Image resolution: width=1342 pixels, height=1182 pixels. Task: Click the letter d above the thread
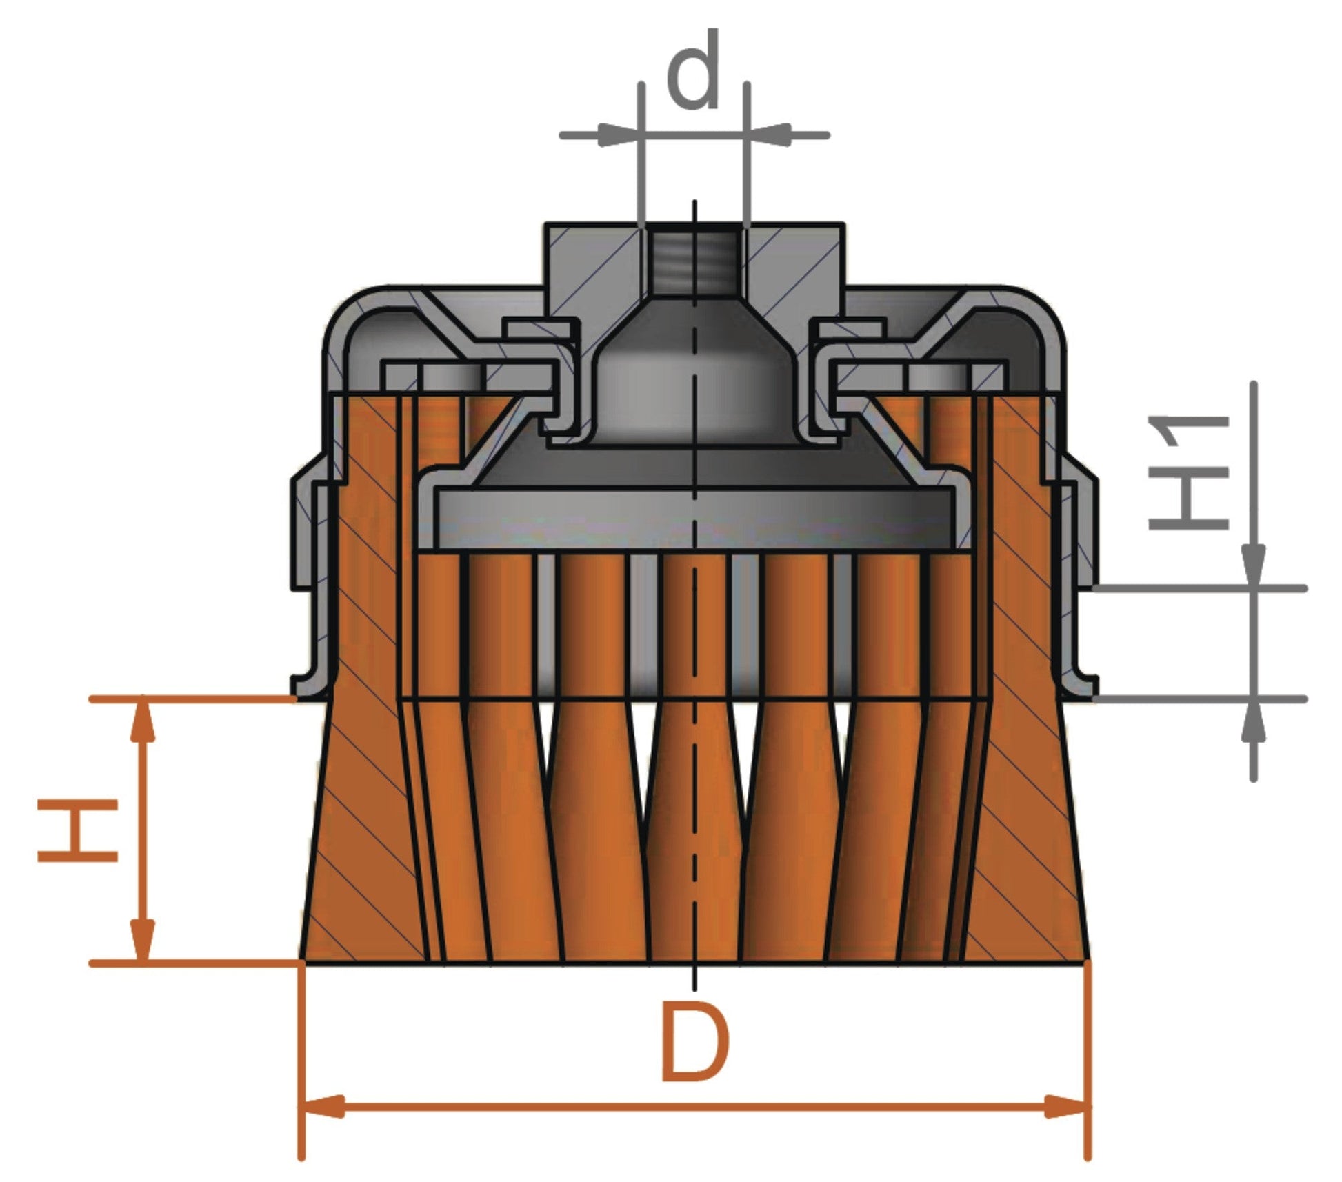(694, 71)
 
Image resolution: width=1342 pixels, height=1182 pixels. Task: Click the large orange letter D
(694, 1043)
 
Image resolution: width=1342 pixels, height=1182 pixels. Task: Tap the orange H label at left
(77, 830)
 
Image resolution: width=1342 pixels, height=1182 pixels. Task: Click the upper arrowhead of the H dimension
(143, 721)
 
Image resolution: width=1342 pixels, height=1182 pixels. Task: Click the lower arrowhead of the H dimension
(143, 939)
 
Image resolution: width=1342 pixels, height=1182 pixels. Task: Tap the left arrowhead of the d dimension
(615, 134)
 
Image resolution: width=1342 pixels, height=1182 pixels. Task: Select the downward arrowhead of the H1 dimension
(1254, 567)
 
